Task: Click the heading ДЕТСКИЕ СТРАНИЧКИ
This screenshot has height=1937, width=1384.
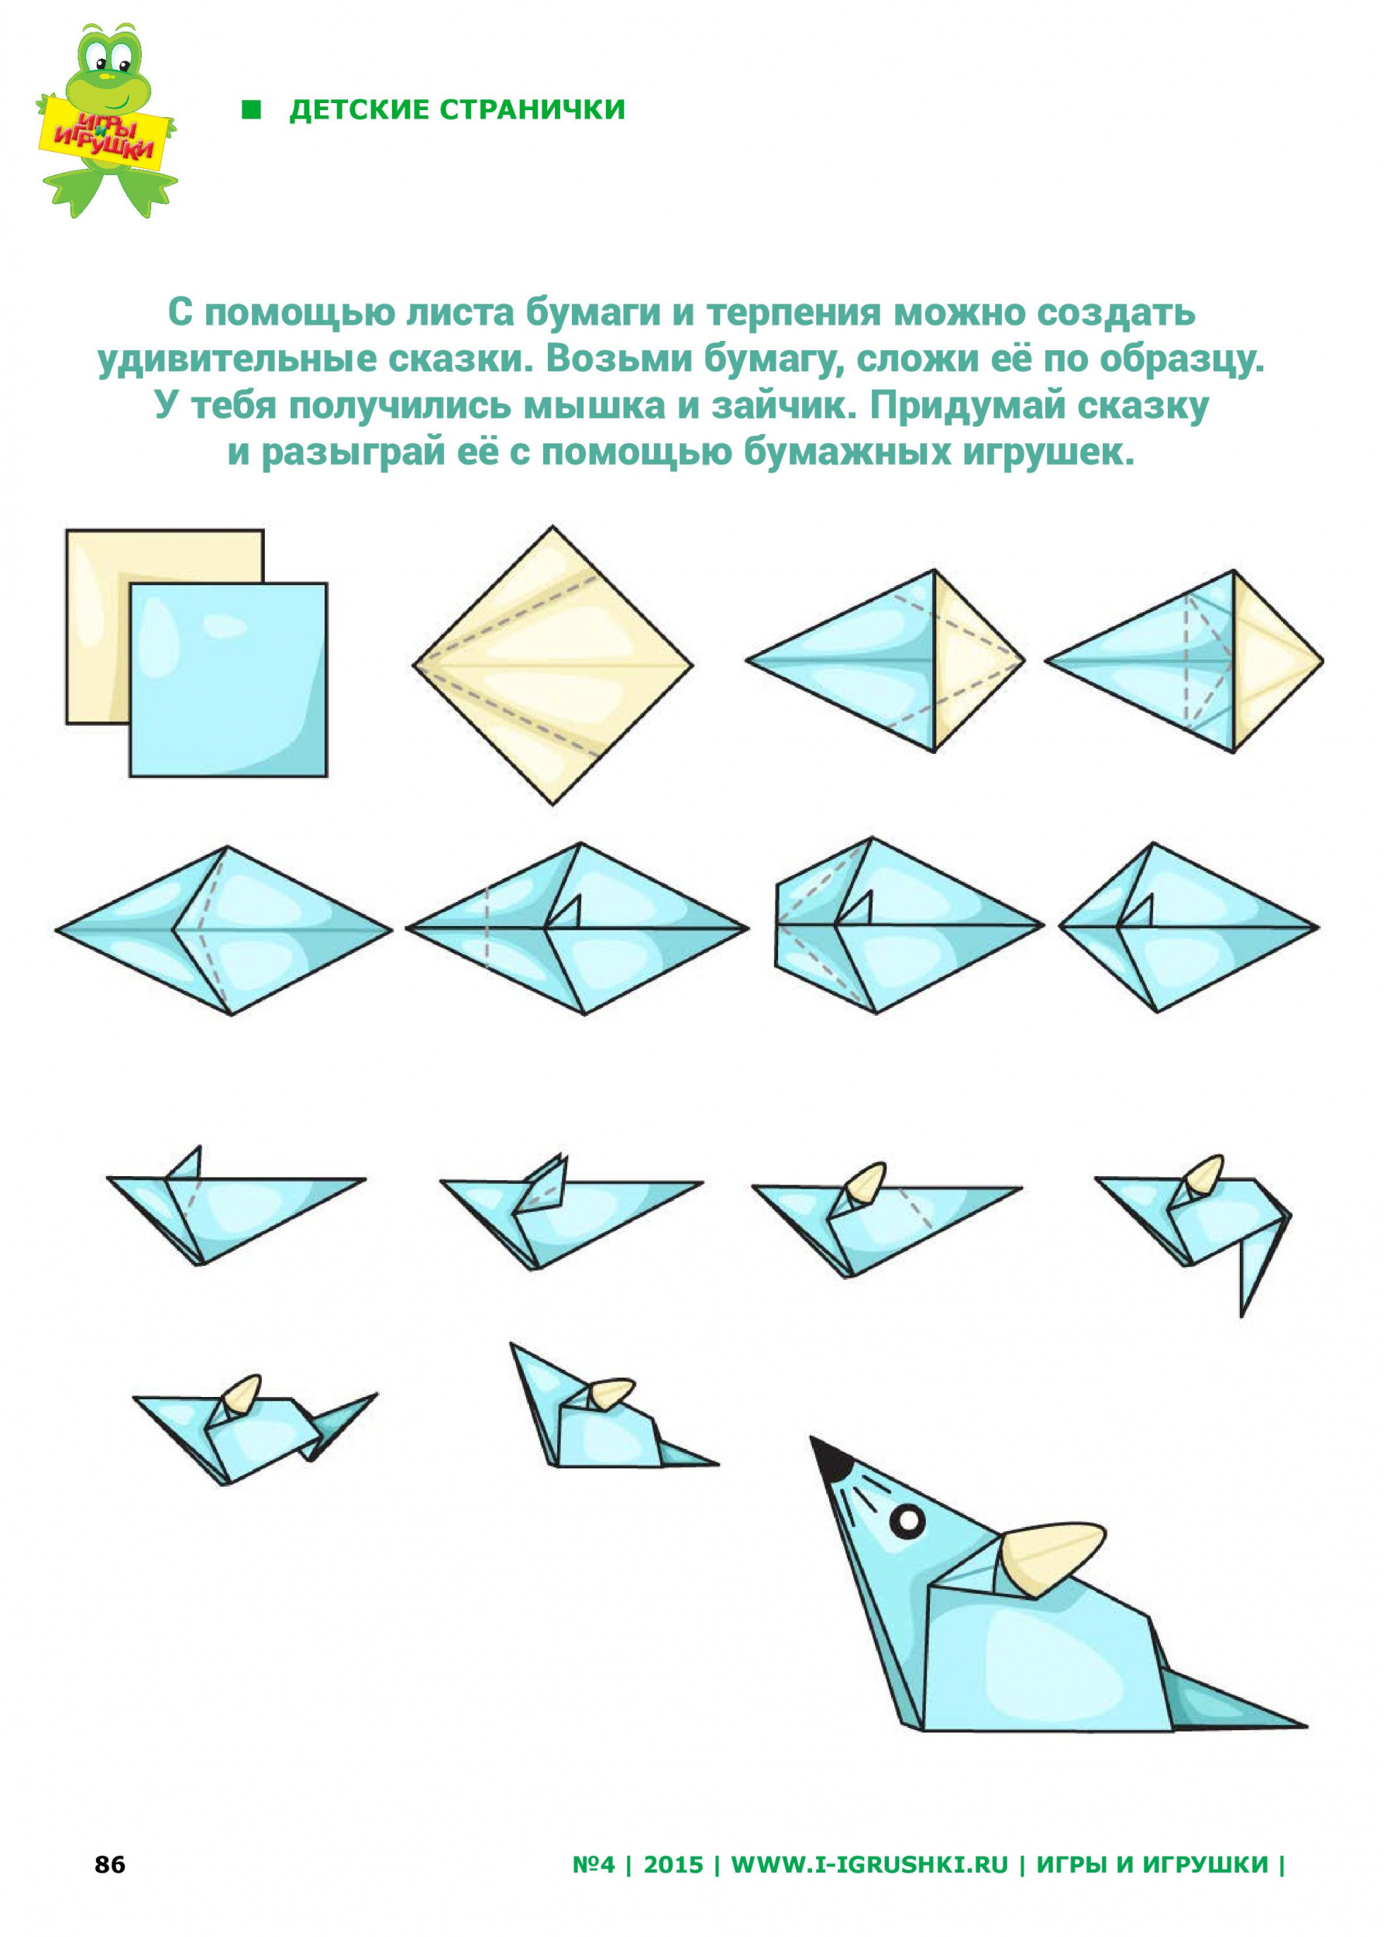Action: click(458, 110)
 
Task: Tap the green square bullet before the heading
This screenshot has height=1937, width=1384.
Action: click(250, 110)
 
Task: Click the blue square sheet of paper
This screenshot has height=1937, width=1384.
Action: click(229, 679)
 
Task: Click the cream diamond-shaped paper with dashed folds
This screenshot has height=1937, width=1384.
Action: click(553, 665)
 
